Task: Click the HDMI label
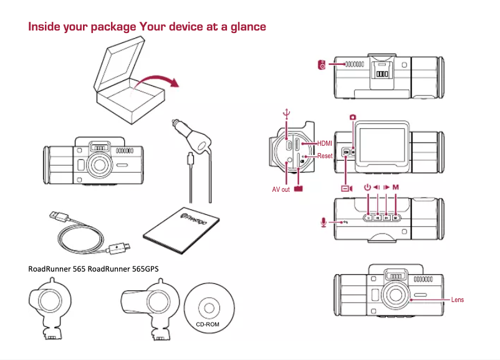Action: point(324,143)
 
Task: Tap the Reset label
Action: point(324,156)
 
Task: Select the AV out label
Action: point(281,189)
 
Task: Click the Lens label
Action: point(458,300)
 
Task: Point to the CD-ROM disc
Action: point(208,308)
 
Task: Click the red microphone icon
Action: point(322,221)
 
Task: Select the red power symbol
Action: point(367,187)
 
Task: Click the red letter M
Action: point(396,187)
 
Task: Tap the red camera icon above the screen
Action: point(353,117)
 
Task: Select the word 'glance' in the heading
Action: point(249,27)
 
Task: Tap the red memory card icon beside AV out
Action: point(299,189)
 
